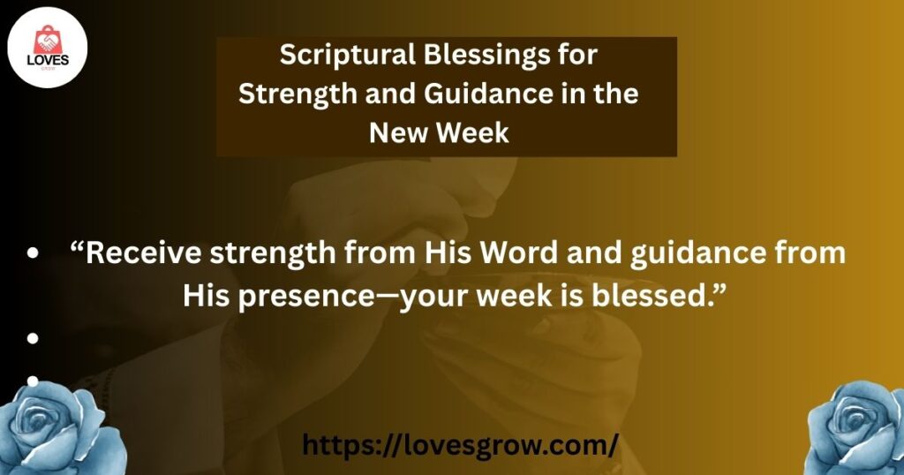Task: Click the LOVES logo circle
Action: pyautogui.click(x=48, y=48)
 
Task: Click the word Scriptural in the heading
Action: pyautogui.click(x=348, y=56)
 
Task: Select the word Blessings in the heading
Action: pyautogui.click(x=486, y=55)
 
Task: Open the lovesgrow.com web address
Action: pyautogui.click(x=461, y=445)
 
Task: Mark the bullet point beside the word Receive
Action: pyautogui.click(x=33, y=253)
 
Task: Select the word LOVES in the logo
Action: pyautogui.click(x=48, y=61)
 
